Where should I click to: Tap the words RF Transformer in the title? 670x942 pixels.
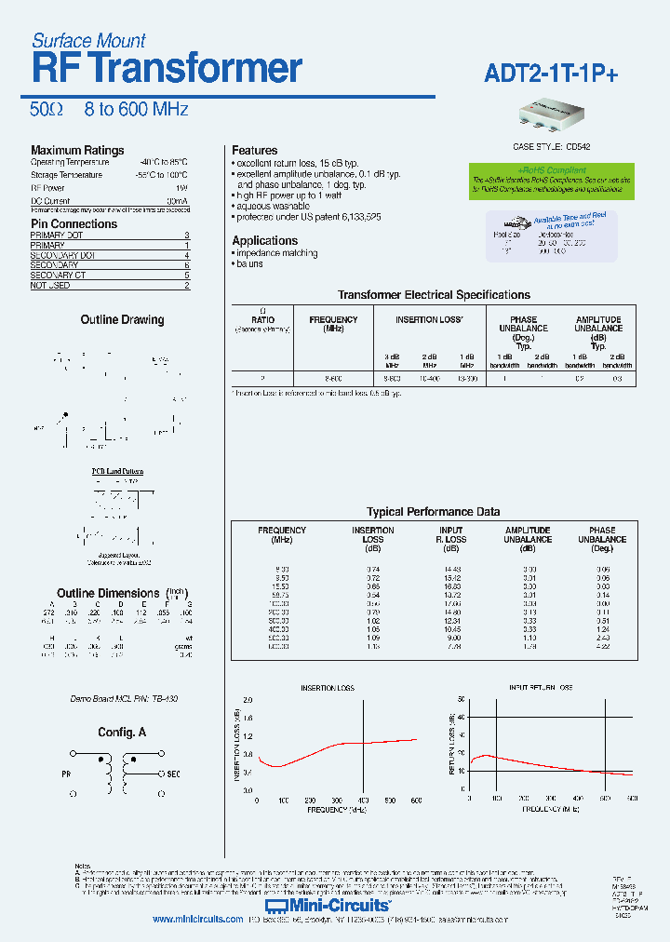pyautogui.click(x=167, y=69)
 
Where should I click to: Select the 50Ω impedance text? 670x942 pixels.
pyautogui.click(x=46, y=110)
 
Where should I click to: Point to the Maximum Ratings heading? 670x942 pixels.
pyautogui.click(x=77, y=150)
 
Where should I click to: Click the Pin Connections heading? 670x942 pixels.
pyautogui.click(x=74, y=223)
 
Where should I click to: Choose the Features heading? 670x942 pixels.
pyautogui.click(x=254, y=150)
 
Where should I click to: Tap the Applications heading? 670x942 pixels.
pyautogui.click(x=264, y=240)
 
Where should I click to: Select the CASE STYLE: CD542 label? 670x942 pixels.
pyautogui.click(x=552, y=146)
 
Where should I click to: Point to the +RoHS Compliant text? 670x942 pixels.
pyautogui.click(x=552, y=170)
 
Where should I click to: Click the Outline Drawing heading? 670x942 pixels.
pyautogui.click(x=122, y=319)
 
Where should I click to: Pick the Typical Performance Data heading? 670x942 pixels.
pyautogui.click(x=433, y=512)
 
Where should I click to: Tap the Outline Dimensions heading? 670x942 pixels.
pyautogui.click(x=108, y=593)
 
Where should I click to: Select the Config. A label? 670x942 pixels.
pyautogui.click(x=122, y=733)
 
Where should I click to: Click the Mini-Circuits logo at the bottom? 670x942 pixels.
pyautogui.click(x=328, y=904)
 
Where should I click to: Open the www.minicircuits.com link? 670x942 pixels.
pyautogui.click(x=197, y=919)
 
